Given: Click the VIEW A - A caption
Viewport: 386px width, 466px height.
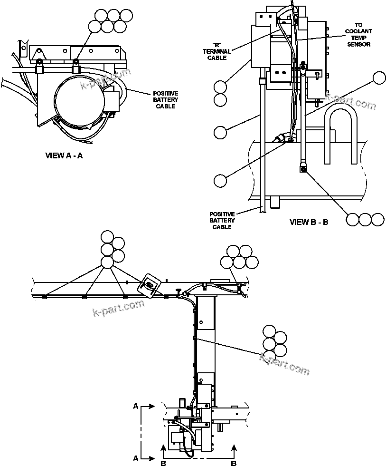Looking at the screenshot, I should point(64,155).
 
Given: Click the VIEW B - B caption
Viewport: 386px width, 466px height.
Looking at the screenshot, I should point(309,222).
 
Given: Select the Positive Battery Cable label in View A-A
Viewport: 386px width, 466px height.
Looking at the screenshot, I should point(165,100).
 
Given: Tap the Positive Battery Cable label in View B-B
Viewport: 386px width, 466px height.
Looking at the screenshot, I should point(222,221).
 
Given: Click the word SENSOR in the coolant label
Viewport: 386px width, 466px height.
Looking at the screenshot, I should point(358,44).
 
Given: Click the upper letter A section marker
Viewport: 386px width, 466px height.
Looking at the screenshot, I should point(136,407).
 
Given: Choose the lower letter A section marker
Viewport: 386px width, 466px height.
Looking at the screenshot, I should point(136,458).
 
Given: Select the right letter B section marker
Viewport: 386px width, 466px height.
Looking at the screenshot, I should point(233,462).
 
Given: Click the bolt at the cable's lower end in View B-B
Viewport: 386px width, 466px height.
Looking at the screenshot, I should point(302,168).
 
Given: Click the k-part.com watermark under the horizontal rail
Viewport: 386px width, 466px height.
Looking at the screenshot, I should point(118,308).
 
